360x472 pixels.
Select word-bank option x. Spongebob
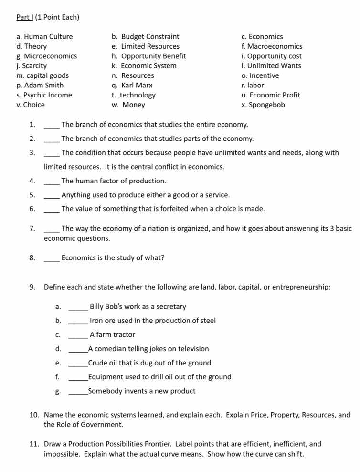(x=263, y=105)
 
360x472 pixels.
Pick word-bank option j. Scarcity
(x=32, y=66)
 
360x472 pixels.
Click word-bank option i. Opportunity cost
(x=272, y=56)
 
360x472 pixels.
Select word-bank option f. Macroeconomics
(x=272, y=46)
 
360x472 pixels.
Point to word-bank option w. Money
(x=128, y=105)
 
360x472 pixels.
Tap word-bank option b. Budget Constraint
(x=146, y=37)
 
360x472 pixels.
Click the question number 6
(x=32, y=209)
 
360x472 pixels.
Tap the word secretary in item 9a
(x=171, y=307)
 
